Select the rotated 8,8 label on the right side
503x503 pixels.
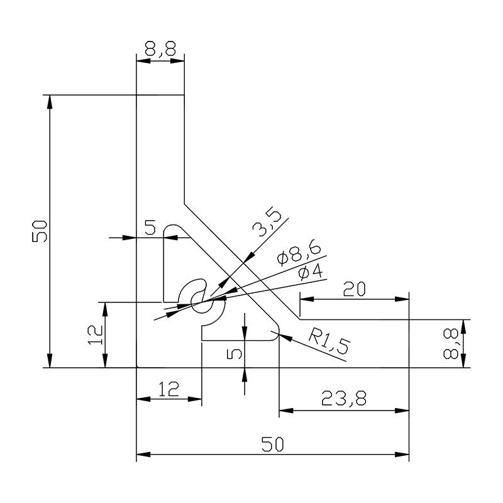451,345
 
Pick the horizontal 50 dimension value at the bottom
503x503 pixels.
273,444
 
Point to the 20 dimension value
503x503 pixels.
354,289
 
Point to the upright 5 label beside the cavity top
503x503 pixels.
150,228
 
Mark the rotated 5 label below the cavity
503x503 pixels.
234,354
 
